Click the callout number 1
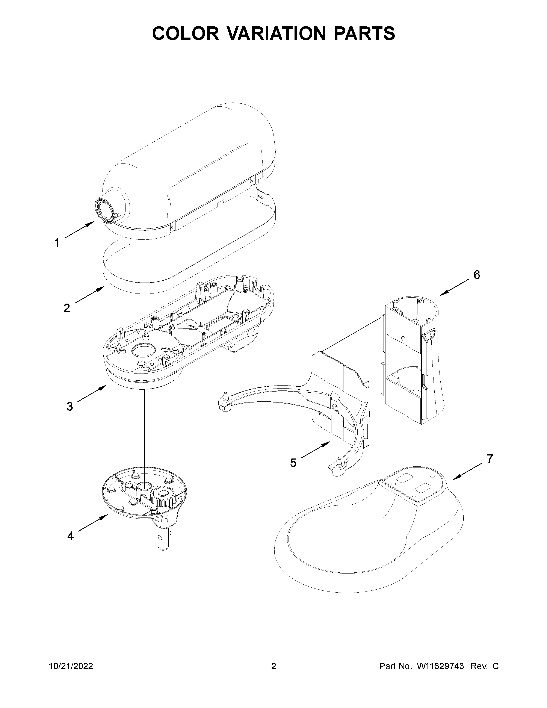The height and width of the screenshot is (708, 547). (57, 242)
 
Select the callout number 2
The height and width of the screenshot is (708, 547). (66, 308)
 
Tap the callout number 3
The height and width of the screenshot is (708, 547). (70, 406)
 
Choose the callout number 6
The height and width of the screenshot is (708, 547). (477, 275)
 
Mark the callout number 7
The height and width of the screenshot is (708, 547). (490, 458)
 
